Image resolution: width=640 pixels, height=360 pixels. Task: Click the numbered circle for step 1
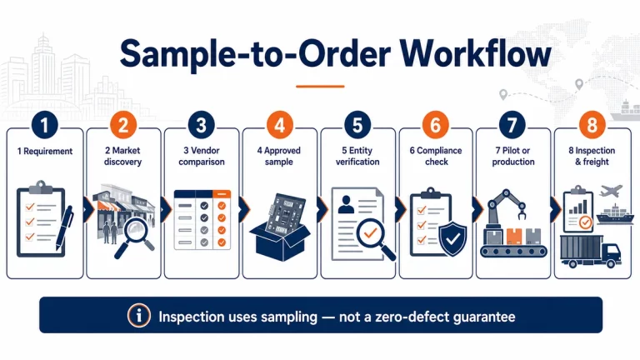coord(44,124)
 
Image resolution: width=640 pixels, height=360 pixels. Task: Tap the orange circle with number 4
coord(280,124)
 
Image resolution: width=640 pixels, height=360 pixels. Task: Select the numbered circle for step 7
coord(512,124)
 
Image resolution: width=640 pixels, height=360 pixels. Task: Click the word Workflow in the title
coord(476,54)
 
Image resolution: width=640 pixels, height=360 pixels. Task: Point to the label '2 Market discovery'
coord(122,157)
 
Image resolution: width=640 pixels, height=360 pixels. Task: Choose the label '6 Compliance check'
coord(436,157)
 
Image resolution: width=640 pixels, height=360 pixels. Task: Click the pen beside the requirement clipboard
coord(64,227)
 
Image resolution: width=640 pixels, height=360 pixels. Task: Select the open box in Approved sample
coord(280,242)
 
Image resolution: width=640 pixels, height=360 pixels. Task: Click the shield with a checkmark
coord(452,239)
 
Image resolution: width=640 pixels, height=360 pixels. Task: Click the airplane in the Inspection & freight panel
coord(612,191)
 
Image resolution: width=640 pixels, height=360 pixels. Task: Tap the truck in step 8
coord(590,251)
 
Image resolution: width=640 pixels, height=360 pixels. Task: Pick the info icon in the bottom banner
coord(139,316)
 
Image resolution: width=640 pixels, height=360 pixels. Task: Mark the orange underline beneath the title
coord(320,87)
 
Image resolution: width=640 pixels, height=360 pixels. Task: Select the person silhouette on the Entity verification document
coord(346,204)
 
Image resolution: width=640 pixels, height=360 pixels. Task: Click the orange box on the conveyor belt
coord(514,237)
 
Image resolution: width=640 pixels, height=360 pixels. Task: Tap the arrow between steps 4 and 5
coord(322,209)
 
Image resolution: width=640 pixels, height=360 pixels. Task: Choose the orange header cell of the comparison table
coord(222,194)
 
